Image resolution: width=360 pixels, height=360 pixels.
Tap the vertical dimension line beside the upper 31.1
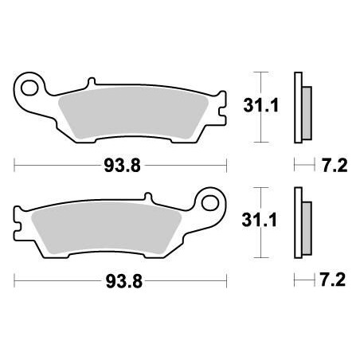pyautogui.click(x=256, y=104)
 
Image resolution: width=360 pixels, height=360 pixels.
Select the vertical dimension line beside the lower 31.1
pyautogui.click(x=256, y=224)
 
